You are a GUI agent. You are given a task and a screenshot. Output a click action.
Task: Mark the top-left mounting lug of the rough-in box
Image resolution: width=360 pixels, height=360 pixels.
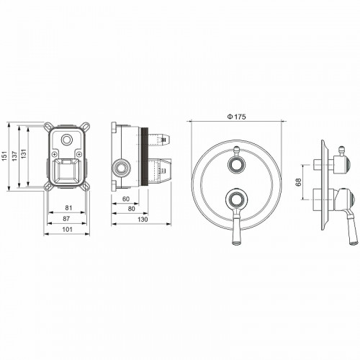click(47, 127)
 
